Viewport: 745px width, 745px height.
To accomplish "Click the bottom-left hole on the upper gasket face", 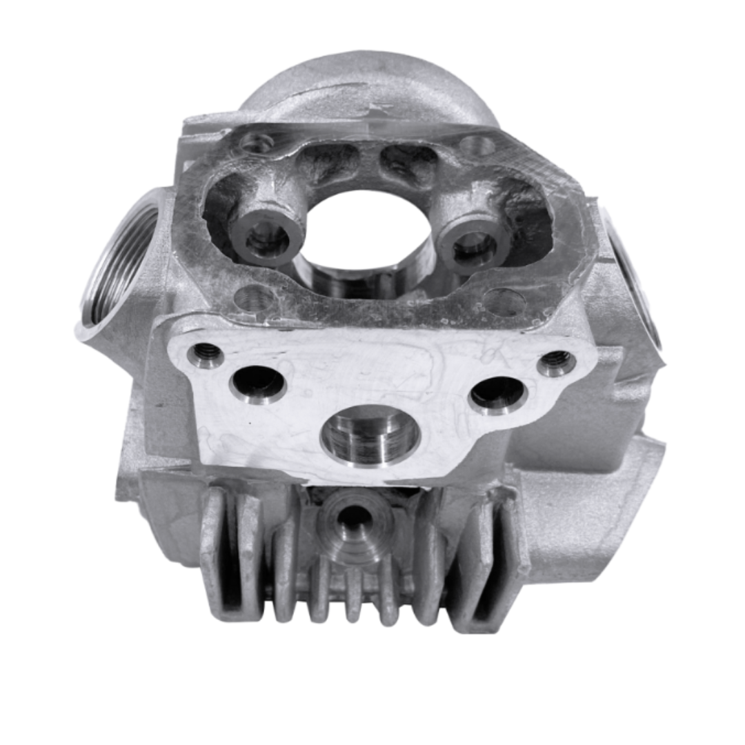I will point(254,299).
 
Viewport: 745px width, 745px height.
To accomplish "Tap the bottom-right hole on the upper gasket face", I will point(505,302).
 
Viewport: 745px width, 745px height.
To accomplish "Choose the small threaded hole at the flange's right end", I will point(557,362).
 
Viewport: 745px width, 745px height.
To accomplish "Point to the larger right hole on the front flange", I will point(498,393).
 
